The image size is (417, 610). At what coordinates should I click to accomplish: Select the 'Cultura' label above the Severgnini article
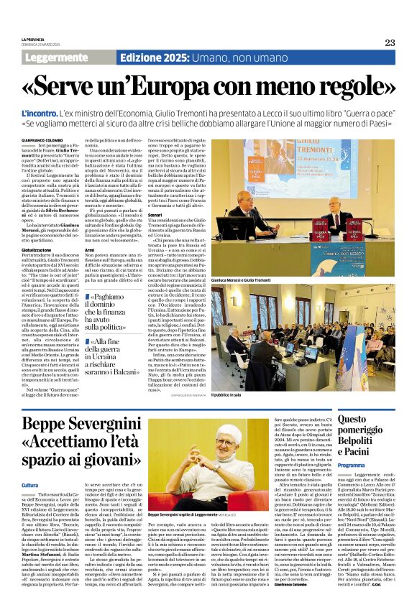[31, 466]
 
